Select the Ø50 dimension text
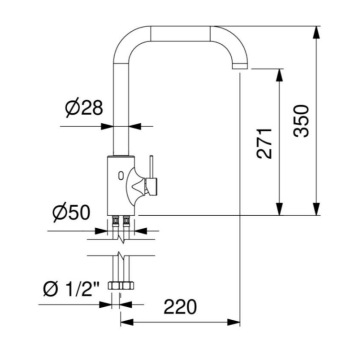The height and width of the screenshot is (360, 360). (71, 212)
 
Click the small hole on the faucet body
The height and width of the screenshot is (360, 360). (122, 177)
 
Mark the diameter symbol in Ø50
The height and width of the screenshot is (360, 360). (59, 212)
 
